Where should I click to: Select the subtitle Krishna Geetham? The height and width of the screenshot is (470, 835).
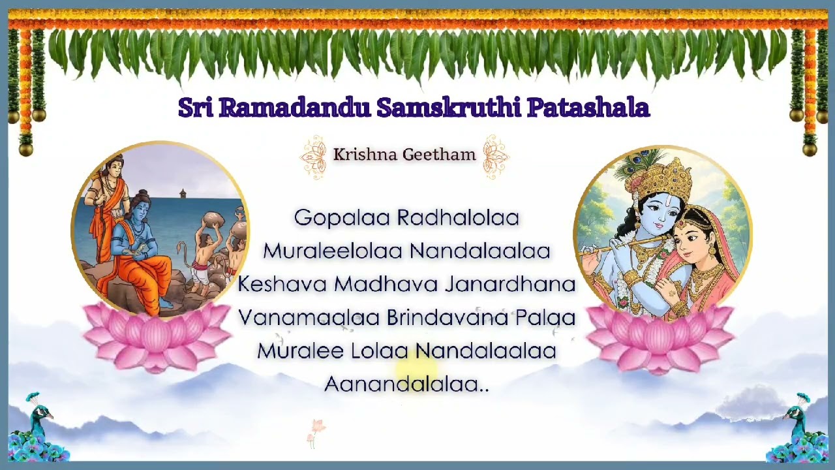pyautogui.click(x=404, y=155)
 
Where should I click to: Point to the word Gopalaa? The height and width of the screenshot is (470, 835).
pyautogui.click(x=342, y=217)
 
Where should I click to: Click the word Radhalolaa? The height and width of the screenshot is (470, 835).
pyautogui.click(x=458, y=217)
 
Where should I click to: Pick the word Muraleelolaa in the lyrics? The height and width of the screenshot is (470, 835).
pyautogui.click(x=332, y=251)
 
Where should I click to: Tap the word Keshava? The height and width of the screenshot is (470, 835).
pyautogui.click(x=282, y=284)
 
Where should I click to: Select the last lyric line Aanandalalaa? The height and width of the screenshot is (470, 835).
pyautogui.click(x=406, y=384)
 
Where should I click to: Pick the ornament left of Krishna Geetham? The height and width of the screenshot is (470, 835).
pyautogui.click(x=313, y=157)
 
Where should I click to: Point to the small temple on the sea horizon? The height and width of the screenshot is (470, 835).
pyautogui.click(x=183, y=194)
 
